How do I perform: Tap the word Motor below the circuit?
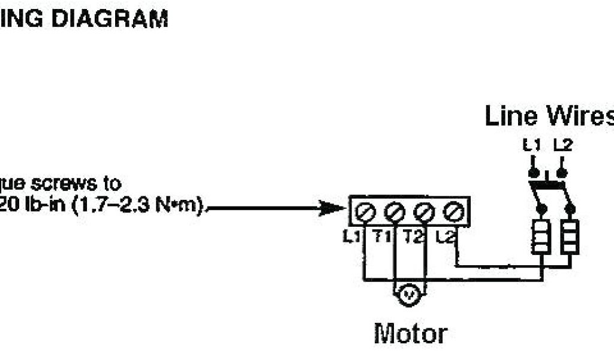point(410,333)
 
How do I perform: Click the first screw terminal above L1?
point(366,211)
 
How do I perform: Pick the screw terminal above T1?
point(395,211)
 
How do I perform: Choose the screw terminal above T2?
point(424,211)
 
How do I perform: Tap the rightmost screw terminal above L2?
point(453,211)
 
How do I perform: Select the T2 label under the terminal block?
point(413,237)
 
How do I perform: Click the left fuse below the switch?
point(540,237)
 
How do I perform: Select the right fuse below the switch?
point(569,237)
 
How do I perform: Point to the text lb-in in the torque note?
point(45,206)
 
